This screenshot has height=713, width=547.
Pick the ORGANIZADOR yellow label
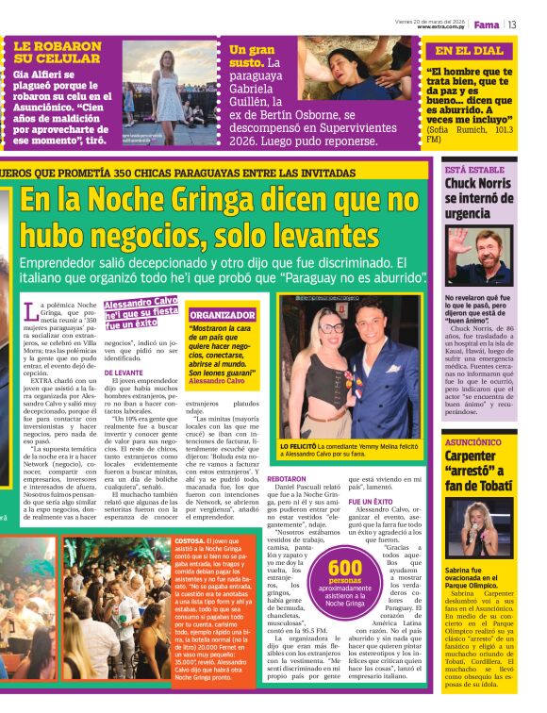223,315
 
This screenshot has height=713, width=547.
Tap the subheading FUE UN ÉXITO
371,501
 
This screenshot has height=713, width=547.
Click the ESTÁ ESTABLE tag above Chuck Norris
473,170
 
